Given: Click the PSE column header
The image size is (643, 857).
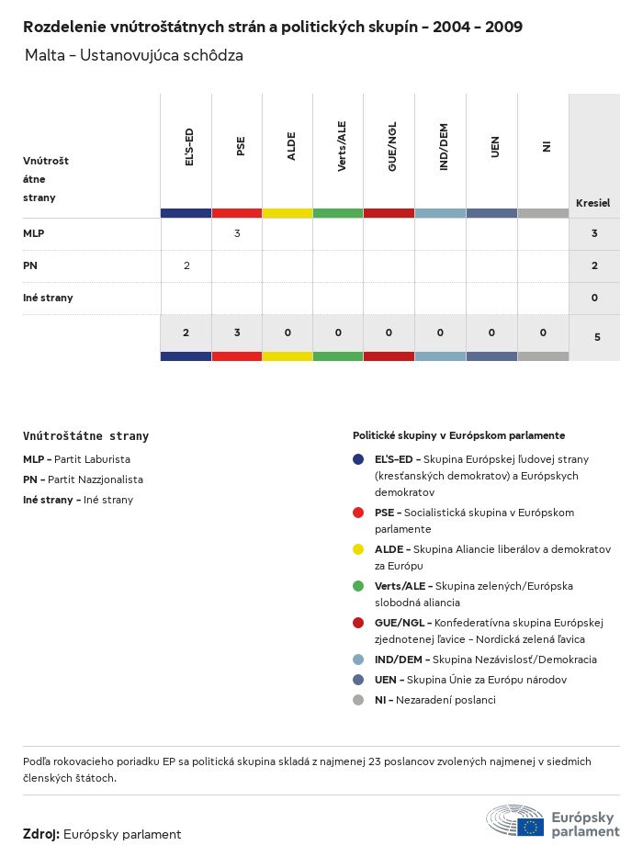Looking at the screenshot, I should (241, 147).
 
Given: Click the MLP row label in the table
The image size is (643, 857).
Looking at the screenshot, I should (34, 233).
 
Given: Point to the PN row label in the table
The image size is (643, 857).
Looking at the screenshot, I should (29, 265).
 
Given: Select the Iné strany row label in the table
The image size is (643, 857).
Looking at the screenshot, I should (48, 298).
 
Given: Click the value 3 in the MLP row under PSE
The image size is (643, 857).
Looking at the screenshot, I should (237, 233).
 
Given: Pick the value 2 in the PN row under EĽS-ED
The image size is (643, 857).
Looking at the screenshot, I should (186, 265).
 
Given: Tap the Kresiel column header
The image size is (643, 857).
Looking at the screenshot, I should (592, 203).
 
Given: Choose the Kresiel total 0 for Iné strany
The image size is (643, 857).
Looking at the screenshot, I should (594, 298).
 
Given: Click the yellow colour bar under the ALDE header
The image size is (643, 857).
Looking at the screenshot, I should (288, 213).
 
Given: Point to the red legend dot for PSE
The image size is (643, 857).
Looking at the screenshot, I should (358, 513).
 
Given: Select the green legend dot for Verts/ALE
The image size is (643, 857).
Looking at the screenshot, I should (358, 586).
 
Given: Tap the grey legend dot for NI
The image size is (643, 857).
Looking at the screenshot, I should (358, 700).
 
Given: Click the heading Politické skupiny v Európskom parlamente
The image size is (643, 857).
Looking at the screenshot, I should (458, 435).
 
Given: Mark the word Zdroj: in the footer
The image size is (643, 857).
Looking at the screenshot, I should (41, 834).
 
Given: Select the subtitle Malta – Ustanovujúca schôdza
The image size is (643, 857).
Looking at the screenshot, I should (134, 55).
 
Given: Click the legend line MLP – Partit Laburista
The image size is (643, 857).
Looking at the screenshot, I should (77, 458).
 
